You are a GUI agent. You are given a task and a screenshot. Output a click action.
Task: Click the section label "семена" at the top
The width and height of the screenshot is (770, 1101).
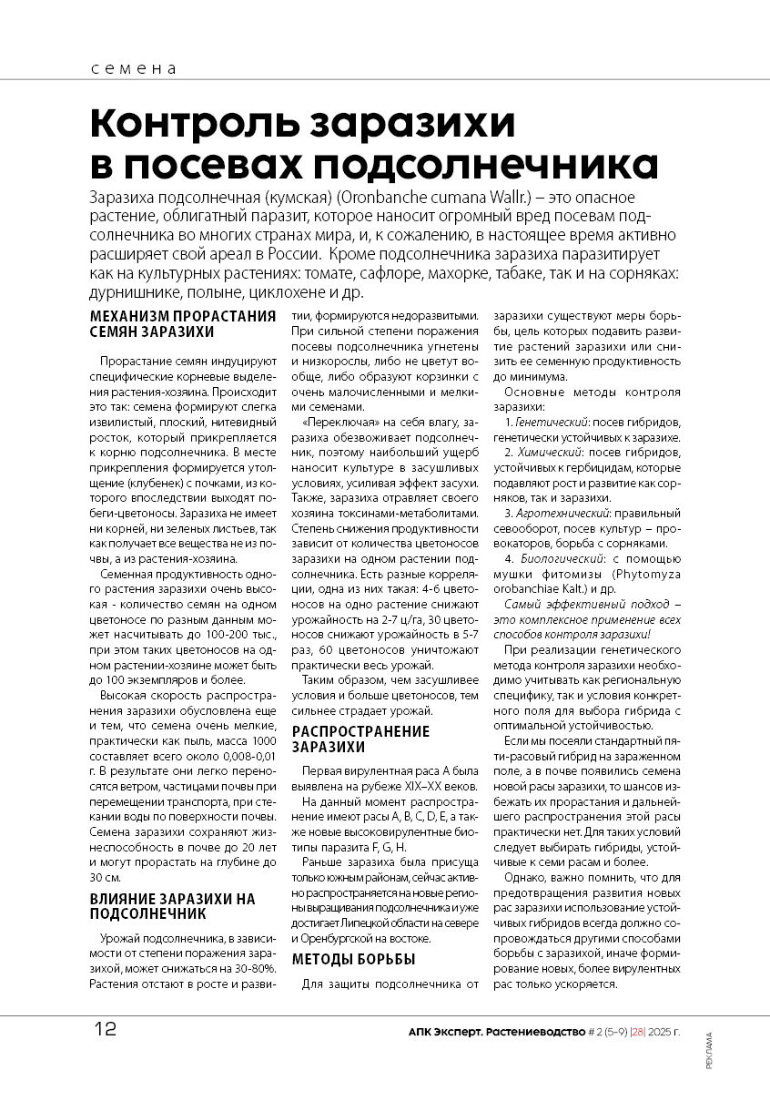pos(133,69)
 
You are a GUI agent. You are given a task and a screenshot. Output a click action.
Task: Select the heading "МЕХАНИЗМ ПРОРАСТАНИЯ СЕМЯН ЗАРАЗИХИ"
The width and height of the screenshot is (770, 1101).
pos(182,324)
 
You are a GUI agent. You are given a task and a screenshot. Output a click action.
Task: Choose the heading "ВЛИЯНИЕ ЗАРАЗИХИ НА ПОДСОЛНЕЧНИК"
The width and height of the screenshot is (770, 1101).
pos(172,906)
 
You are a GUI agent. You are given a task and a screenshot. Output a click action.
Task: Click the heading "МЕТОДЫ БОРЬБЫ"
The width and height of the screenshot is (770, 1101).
pos(353,959)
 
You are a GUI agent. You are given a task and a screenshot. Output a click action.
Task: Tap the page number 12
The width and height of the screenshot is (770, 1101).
pos(105,1030)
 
